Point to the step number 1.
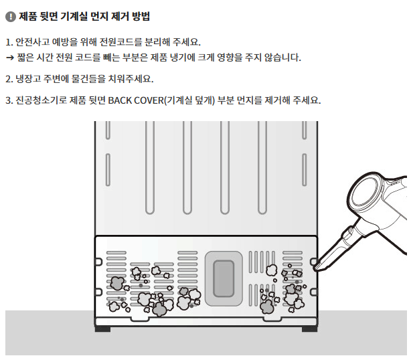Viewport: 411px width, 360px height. [8, 41]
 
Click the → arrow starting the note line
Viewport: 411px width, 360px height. [10, 58]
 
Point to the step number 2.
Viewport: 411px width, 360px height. [8, 79]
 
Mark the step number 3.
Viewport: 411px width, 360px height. [8, 100]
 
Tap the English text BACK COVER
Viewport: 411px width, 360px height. [134, 100]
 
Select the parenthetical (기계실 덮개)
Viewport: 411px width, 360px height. [189, 100]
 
